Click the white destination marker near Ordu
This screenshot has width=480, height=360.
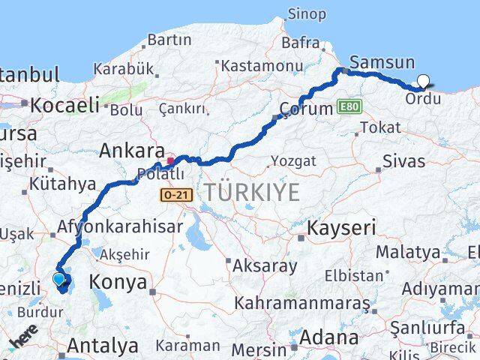click(424, 82)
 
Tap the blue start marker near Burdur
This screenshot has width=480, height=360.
click(59, 280)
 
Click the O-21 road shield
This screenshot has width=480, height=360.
click(172, 194)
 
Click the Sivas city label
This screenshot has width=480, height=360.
click(403, 161)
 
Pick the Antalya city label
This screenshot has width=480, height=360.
click(103, 346)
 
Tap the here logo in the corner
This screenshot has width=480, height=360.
click(22, 341)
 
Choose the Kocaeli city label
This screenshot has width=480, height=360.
click(64, 105)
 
